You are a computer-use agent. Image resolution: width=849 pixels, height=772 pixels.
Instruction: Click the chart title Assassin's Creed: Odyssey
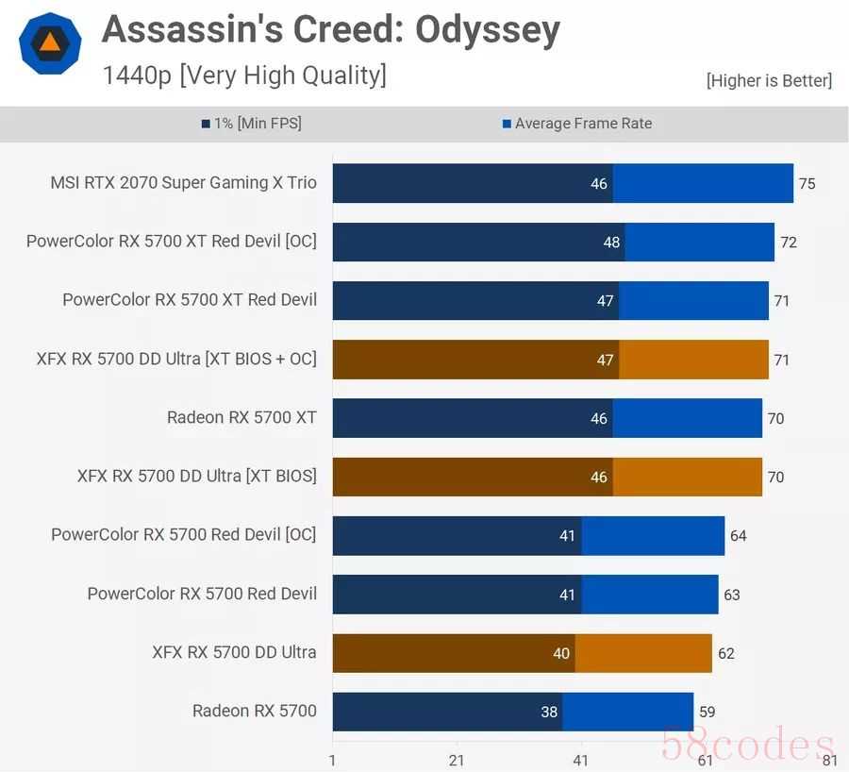331,30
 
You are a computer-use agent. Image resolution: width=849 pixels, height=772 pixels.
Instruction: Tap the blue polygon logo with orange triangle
50,43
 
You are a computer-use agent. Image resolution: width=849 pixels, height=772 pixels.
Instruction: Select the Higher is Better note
769,80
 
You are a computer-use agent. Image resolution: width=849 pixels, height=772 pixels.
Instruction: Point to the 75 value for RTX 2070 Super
807,184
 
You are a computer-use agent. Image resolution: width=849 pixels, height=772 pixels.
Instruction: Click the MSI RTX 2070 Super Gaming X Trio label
183,182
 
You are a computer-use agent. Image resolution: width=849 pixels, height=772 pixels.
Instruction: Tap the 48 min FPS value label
611,243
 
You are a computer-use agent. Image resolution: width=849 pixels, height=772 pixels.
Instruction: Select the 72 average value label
789,243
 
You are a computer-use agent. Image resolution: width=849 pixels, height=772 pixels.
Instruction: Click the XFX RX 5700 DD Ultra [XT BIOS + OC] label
176,359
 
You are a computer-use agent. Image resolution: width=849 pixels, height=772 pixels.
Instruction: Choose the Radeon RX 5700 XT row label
241,417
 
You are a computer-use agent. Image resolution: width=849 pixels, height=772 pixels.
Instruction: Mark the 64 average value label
738,536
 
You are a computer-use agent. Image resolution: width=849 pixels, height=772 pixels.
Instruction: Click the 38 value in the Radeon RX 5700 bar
549,713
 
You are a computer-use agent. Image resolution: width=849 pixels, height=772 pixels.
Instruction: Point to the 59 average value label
707,713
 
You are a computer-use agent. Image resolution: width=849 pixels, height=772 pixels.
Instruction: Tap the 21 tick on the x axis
457,760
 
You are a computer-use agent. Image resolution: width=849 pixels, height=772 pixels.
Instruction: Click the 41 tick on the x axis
581,760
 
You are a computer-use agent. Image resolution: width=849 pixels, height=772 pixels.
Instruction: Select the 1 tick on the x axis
332,760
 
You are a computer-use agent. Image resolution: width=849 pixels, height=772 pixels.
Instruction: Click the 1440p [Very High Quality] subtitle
244,76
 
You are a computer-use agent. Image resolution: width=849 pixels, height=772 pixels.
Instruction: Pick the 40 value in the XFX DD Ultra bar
561,653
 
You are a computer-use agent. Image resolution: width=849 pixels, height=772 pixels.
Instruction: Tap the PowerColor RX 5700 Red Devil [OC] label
184,535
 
